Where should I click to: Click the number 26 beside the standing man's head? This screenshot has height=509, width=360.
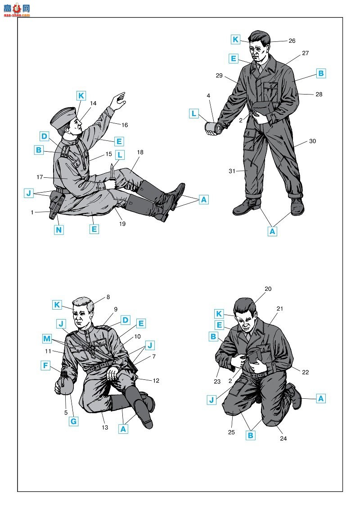tap(292, 41)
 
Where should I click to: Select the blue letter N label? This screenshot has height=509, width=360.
tap(58, 230)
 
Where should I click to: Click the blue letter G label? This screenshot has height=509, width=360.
tap(74, 421)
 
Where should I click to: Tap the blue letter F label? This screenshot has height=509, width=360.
tap(45, 365)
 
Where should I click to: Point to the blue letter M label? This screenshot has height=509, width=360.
tap(47, 339)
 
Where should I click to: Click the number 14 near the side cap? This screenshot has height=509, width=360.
tap(93, 103)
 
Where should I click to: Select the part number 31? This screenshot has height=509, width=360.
tap(232, 171)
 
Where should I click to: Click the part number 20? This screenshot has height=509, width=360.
tap(268, 288)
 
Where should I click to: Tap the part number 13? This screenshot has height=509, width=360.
tap(104, 427)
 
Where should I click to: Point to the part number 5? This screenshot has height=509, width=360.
tap(66, 413)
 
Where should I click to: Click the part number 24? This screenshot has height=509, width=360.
tap(283, 438)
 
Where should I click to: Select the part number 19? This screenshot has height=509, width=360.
tap(122, 224)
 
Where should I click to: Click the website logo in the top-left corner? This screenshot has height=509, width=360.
tap(17, 10)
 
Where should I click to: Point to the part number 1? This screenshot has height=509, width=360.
tap(32, 212)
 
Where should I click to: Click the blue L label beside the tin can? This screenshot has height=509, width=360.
tap(194, 113)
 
